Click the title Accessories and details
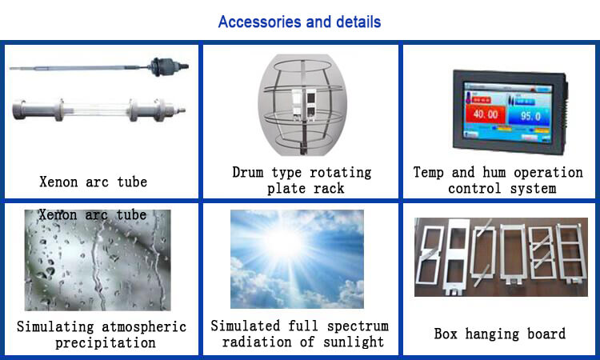pos(300,22)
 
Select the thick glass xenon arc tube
pos(98,110)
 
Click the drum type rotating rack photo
pos(302,105)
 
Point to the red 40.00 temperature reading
pos(486,114)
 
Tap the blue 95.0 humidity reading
pos(530,116)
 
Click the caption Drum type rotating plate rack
pos(302,180)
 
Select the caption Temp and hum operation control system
pos(498,180)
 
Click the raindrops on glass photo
pos(98,260)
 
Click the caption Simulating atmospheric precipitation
pos(102,334)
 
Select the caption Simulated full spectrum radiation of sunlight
pos(300,334)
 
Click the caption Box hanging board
pos(500,334)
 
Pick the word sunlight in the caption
pos(354,342)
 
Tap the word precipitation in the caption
pos(106,342)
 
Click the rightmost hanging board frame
pos(572,254)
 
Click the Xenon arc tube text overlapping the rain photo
pos(93,214)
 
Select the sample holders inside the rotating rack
pos(305,102)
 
